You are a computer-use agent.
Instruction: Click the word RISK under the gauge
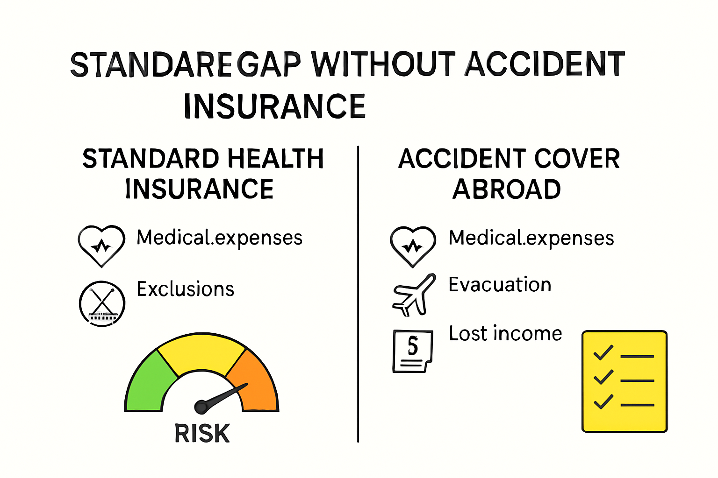pos(202,434)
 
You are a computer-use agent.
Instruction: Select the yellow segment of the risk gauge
pos(201,352)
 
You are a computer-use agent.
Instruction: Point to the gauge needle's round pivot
pos(201,407)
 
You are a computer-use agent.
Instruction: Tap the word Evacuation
pos(500,285)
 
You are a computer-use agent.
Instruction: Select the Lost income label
pos(505,334)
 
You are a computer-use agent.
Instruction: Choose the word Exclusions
pos(185,289)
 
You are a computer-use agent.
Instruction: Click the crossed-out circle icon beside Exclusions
pos(102,303)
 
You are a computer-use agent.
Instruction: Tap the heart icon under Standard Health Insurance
pos(101,245)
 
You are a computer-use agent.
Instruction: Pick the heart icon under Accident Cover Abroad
pos(413,246)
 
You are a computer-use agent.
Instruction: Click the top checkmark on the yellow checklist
pos(603,352)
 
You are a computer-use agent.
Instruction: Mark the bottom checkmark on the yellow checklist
pos(603,401)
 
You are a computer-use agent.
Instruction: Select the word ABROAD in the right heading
pos(507,190)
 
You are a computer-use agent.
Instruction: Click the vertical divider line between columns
pos(358,294)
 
